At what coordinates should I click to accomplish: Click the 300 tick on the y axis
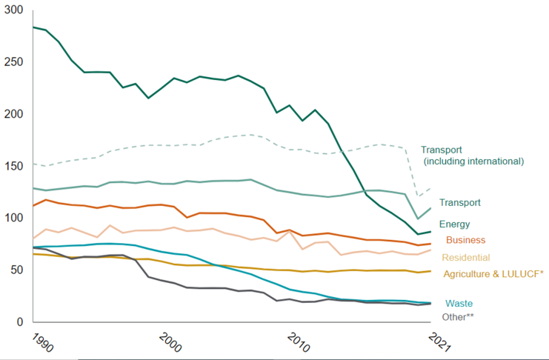[x=14, y=11]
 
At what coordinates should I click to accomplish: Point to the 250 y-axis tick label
[x=14, y=63]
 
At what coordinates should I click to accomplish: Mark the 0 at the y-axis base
[x=20, y=322]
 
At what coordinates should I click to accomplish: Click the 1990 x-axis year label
[x=43, y=342]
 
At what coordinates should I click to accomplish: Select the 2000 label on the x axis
[x=171, y=342]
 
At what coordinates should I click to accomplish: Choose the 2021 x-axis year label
[x=440, y=342]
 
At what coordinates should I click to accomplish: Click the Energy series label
[x=454, y=224]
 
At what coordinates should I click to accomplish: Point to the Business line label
[x=465, y=240]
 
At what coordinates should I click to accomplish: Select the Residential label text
[x=466, y=257]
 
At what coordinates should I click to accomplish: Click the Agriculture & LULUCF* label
[x=493, y=274]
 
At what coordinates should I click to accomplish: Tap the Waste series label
[x=459, y=303]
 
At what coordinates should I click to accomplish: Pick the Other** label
[x=458, y=317]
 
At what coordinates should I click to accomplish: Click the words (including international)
[x=473, y=161]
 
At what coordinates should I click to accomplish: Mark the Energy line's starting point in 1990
[x=33, y=27]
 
